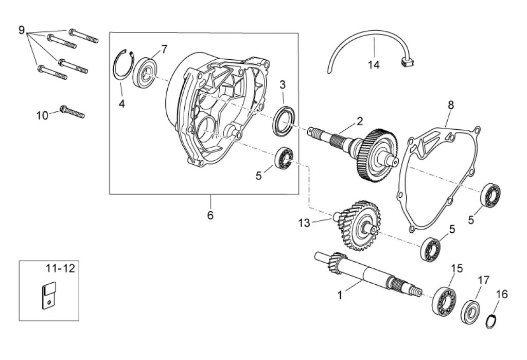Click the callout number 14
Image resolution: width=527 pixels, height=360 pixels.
pyautogui.click(x=374, y=64)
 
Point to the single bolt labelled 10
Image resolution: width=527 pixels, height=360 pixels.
pyautogui.click(x=72, y=111)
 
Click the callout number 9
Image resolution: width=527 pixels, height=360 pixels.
pyautogui.click(x=22, y=30)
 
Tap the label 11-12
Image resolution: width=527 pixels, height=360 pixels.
pyautogui.click(x=61, y=268)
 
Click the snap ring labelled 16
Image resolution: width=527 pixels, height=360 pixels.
pyautogui.click(x=491, y=321)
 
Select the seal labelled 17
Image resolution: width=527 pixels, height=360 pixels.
pyautogui.click(x=470, y=308)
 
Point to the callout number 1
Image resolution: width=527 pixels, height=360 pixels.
pyautogui.click(x=340, y=295)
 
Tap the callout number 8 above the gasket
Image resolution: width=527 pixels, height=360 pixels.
pyautogui.click(x=451, y=105)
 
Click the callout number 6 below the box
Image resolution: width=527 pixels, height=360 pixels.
pyautogui.click(x=210, y=215)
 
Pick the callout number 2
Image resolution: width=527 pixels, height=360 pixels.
pyautogui.click(x=360, y=121)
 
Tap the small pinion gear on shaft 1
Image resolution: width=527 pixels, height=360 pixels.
pyautogui.click(x=337, y=263)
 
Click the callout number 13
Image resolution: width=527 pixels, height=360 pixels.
pyautogui.click(x=304, y=222)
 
